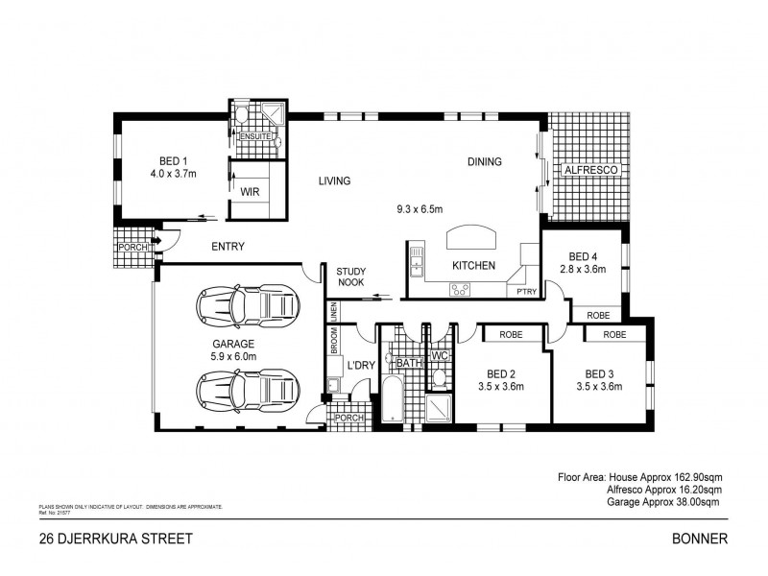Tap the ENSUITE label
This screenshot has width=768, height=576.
click(254, 137)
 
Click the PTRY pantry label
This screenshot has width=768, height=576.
click(526, 290)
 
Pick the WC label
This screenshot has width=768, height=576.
click(441, 356)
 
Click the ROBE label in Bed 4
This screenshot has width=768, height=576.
click(598, 315)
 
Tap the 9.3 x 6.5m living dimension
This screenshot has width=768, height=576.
click(420, 208)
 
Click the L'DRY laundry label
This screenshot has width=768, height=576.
click(361, 365)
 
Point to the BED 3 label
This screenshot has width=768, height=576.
click(599, 373)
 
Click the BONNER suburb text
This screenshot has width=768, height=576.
click(703, 540)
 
